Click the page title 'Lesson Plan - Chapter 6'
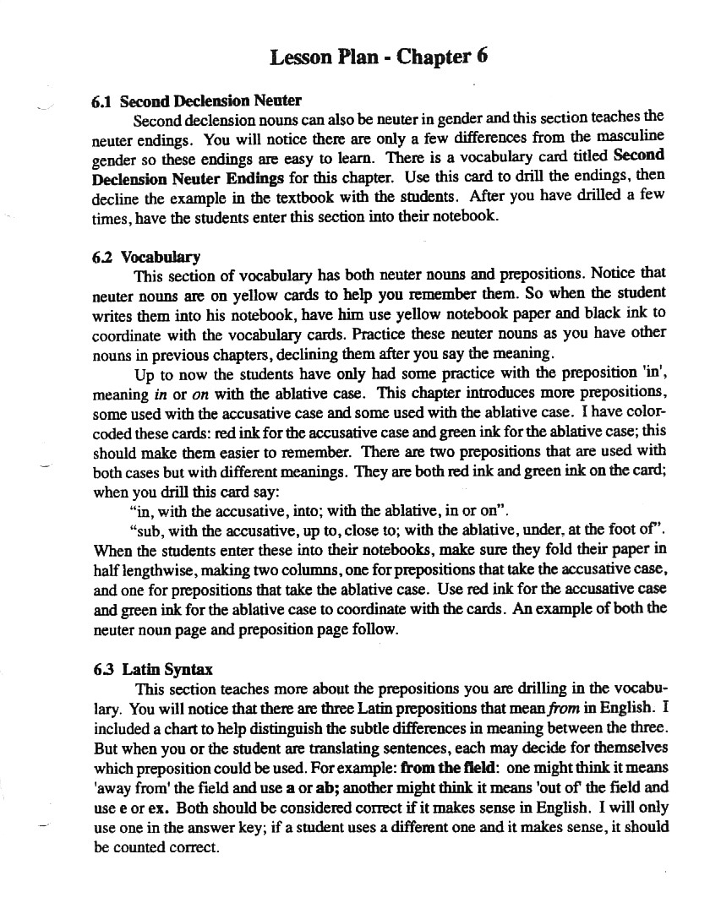[378, 57]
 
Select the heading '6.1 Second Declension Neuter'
[196, 101]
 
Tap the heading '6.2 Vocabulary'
[146, 257]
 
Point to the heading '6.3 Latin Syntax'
[153, 670]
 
